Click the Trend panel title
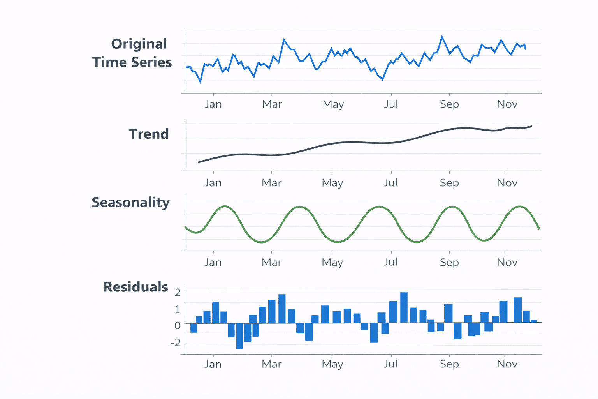click(x=149, y=134)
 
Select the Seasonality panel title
click(x=130, y=203)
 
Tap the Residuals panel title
click(x=135, y=287)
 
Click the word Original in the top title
click(x=139, y=44)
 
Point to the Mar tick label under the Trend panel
click(x=271, y=183)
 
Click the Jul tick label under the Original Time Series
click(x=391, y=104)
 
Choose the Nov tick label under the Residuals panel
click(x=507, y=364)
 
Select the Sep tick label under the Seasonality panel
click(x=449, y=262)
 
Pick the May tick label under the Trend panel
click(x=332, y=183)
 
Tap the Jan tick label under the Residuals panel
click(x=213, y=364)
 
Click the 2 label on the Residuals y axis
click(x=178, y=292)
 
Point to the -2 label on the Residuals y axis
click(x=176, y=343)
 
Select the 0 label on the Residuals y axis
click(x=178, y=325)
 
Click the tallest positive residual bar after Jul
click(x=404, y=307)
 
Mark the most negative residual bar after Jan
click(x=239, y=336)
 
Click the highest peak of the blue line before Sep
click(x=442, y=37)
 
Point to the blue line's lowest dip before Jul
click(x=383, y=79)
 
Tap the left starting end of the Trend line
click(x=199, y=162)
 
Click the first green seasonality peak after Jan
click(x=225, y=206)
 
